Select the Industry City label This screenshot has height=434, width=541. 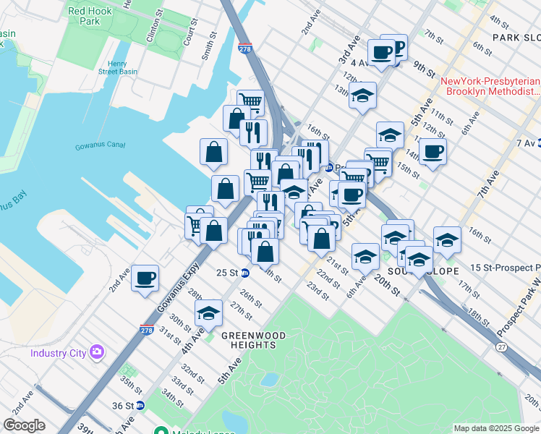(x=59, y=353)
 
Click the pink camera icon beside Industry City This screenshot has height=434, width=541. (x=96, y=352)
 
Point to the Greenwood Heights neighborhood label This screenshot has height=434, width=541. (x=254, y=340)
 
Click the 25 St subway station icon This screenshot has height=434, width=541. (x=246, y=273)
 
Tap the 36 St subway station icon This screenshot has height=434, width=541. (x=140, y=406)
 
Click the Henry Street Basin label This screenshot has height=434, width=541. (x=117, y=67)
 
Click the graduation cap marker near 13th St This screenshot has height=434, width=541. (x=362, y=95)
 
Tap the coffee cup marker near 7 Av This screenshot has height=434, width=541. (x=433, y=151)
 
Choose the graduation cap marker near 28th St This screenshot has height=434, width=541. (x=208, y=313)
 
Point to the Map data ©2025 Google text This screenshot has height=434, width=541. (x=495, y=428)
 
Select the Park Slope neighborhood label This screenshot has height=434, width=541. (x=516, y=37)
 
